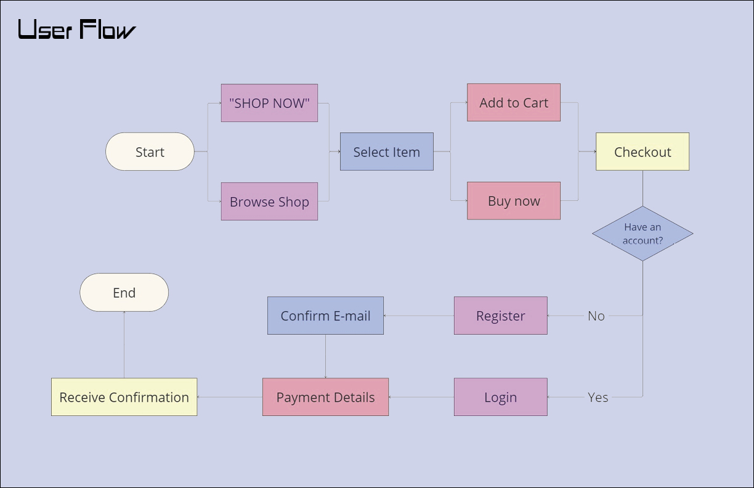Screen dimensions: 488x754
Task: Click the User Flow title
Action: tap(76, 30)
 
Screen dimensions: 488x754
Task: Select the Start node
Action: tap(150, 152)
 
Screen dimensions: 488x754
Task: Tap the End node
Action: tap(124, 293)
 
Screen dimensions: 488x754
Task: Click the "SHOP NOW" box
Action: tap(269, 103)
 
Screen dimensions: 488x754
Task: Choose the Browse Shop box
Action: tap(269, 201)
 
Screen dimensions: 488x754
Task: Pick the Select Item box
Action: tap(386, 152)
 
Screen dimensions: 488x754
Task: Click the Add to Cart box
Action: tap(514, 102)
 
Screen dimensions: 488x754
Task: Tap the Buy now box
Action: tap(514, 201)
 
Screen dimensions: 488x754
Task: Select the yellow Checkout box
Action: tap(642, 152)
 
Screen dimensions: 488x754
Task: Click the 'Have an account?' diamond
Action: tap(643, 234)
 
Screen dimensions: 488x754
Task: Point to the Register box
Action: tap(500, 315)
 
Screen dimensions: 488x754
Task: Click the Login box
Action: tap(500, 397)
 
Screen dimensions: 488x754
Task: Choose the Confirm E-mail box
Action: tap(325, 315)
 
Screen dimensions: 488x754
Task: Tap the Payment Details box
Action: tap(325, 397)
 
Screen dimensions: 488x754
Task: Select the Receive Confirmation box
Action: tap(124, 397)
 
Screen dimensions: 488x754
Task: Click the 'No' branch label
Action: tap(596, 315)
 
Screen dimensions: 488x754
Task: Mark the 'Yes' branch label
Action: tap(598, 397)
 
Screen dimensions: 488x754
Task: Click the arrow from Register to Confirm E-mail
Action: tap(419, 316)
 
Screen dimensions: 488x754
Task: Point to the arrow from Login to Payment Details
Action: tap(421, 397)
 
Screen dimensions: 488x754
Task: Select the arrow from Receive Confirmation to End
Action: tap(124, 345)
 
